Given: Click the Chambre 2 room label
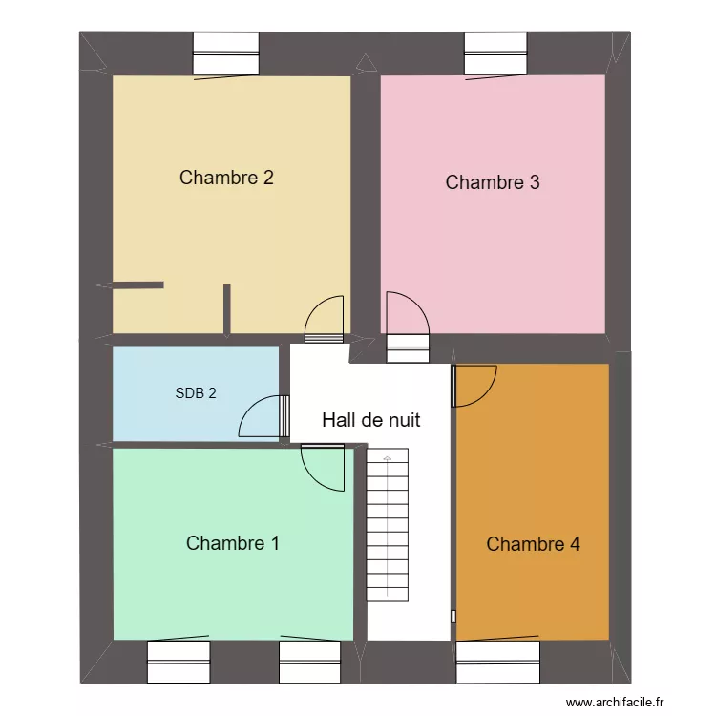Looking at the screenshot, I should tap(227, 178).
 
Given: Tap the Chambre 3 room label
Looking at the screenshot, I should tap(493, 182).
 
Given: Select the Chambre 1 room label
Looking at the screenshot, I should tap(233, 543).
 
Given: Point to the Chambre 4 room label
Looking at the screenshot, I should tap(533, 544).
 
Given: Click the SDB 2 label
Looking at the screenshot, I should tap(196, 392).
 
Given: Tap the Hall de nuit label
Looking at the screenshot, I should tap(371, 420).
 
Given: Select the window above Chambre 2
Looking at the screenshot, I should tap(226, 54).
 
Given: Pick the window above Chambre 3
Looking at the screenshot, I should tap(495, 54).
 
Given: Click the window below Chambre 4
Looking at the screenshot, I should tap(497, 661).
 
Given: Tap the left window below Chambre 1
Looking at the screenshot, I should tap(179, 661).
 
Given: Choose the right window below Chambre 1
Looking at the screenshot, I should tap(309, 661).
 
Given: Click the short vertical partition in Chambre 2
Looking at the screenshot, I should tap(226, 310).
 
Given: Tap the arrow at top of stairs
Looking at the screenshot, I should tap(387, 459).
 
